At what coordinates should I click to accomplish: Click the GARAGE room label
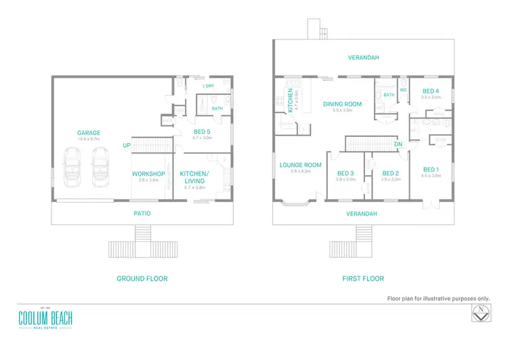89,133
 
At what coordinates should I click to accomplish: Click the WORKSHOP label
148,174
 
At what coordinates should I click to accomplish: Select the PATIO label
142,214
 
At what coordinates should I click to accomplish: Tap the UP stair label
127,145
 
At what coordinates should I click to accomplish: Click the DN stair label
398,144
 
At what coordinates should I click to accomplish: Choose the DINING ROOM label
342,104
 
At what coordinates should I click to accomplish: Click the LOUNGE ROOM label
300,165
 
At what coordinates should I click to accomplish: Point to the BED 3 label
346,173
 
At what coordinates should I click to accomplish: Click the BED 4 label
431,91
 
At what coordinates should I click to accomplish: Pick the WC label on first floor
402,89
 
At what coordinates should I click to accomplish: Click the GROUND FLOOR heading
142,279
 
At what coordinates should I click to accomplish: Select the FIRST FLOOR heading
364,279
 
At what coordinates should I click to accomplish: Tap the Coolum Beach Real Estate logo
45,318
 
